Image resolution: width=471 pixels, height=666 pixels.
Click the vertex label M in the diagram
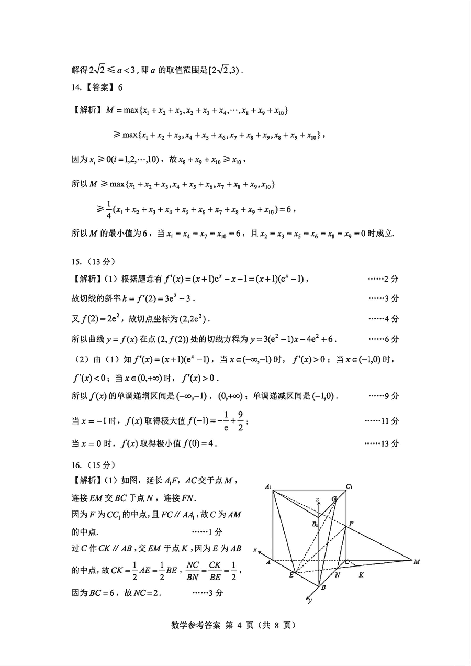417,562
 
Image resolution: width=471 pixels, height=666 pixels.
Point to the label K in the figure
361,575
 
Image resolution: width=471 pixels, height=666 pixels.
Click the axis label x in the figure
255,549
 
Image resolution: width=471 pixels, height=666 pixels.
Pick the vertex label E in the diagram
290,575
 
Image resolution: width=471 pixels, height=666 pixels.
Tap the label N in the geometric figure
338,575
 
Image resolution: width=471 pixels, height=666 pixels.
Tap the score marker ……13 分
382,443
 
